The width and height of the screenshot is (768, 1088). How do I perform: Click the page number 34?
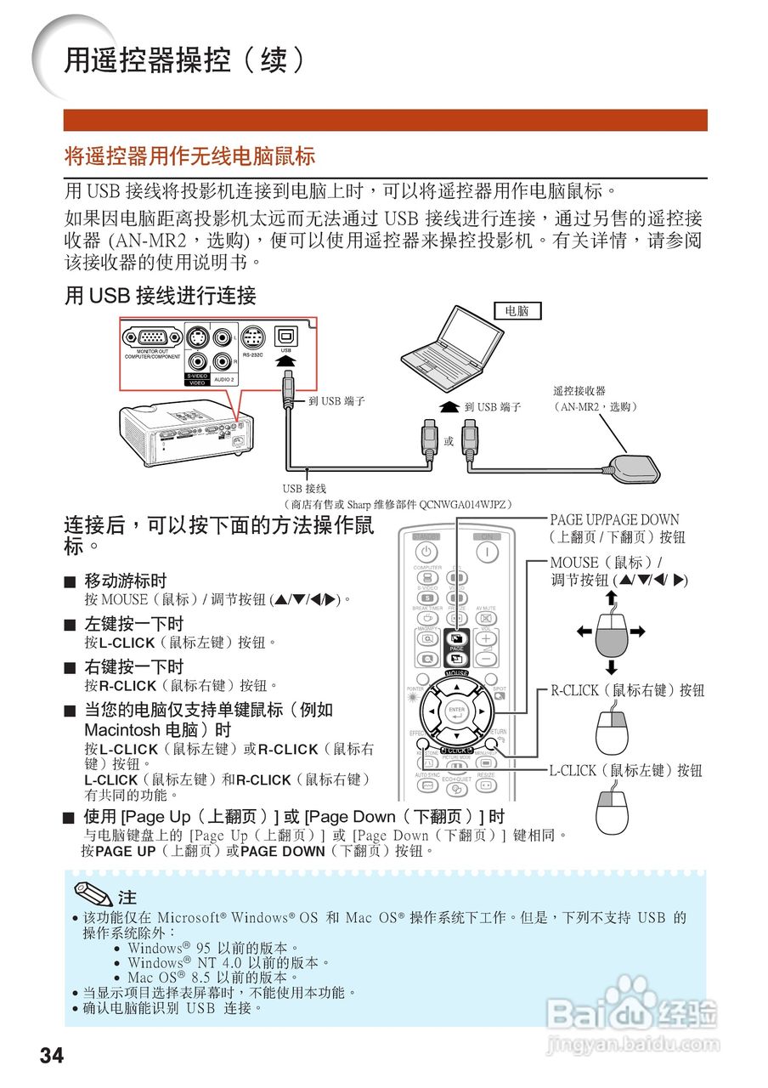51,1056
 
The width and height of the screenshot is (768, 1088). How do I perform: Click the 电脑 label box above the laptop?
517,311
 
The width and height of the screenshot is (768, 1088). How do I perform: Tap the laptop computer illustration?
459,344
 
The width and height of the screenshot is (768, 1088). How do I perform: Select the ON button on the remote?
487,551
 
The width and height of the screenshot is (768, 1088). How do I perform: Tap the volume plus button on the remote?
486,638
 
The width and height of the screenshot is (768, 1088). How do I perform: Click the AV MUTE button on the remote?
486,618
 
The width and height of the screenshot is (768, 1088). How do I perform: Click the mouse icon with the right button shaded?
612,732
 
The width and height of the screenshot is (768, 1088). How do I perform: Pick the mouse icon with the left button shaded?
612,812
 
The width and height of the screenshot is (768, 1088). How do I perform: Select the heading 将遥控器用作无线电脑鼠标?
190,156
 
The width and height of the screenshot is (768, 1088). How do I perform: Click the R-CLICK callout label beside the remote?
627,691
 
